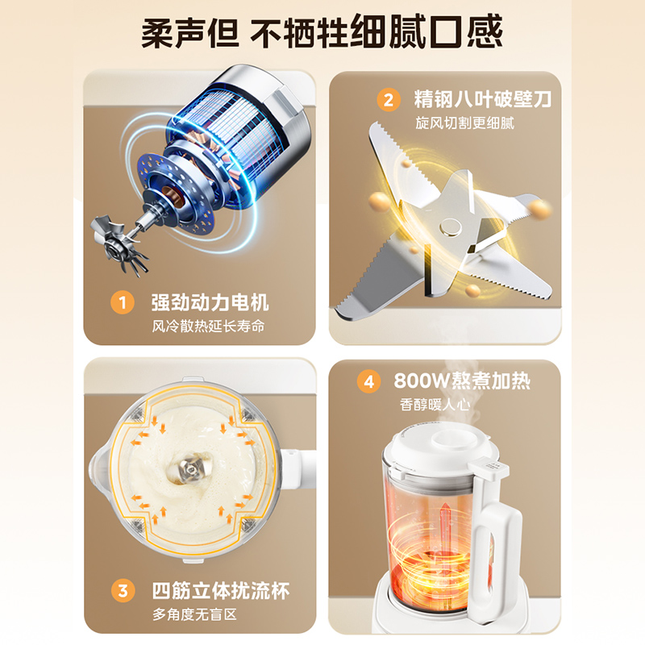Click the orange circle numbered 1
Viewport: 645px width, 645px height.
tap(122, 303)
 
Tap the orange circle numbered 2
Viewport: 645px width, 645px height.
tap(389, 100)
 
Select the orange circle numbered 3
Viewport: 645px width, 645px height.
tap(122, 591)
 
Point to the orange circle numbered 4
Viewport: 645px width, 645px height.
tap(369, 381)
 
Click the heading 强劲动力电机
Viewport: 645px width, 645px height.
tap(210, 303)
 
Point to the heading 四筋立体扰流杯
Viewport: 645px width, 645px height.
tap(220, 591)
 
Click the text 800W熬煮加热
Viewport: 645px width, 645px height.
tap(462, 381)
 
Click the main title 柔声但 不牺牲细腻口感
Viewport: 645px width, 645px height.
tap(322, 33)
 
